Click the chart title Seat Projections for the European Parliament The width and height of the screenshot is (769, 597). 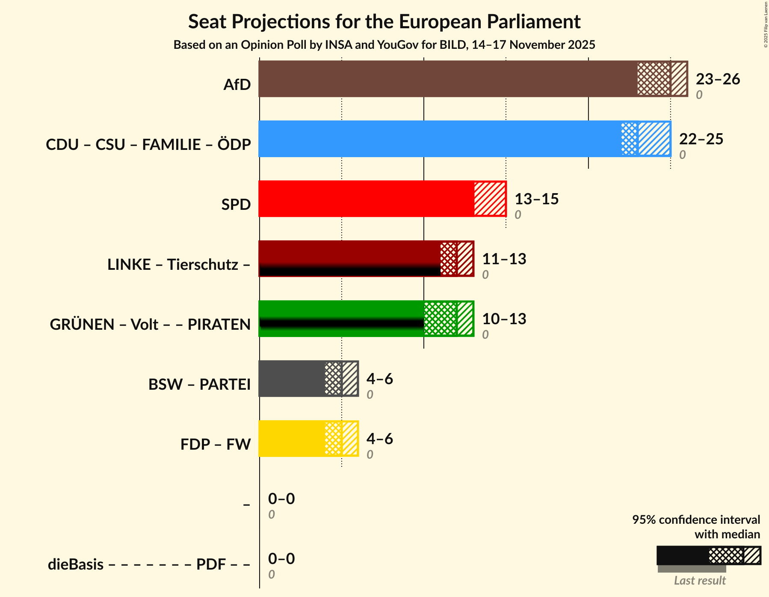(384, 21)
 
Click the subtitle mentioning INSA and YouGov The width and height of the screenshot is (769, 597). (384, 45)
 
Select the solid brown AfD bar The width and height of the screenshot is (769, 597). (447, 79)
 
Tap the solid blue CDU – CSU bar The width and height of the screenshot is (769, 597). (438, 139)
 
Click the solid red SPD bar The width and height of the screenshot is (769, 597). (366, 199)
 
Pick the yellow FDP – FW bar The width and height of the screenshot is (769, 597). (291, 439)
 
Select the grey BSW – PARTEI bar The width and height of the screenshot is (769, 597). (291, 379)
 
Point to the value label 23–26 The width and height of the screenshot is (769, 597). (718, 79)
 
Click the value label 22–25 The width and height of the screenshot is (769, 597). (701, 139)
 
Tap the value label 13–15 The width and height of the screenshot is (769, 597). (536, 199)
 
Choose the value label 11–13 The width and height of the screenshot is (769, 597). (504, 259)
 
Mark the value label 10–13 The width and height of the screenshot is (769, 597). (504, 319)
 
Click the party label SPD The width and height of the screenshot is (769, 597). (236, 205)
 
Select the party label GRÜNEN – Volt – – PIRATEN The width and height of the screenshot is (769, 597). (150, 325)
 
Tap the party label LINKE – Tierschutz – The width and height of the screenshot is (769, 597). (179, 265)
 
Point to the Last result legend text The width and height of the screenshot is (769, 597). (700, 581)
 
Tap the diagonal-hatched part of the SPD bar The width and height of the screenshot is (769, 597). (490, 199)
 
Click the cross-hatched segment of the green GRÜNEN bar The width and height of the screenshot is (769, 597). (440, 319)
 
